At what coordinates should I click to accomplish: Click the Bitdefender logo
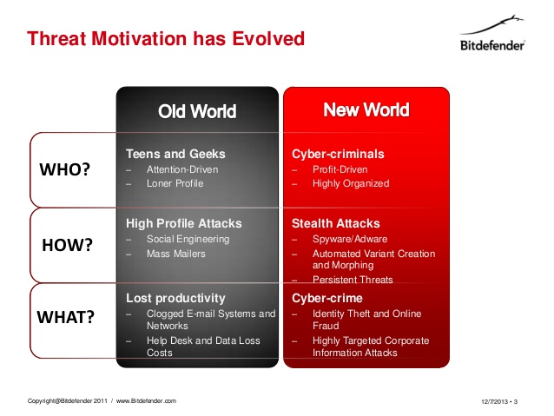(x=492, y=33)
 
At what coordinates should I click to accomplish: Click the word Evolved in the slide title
(x=268, y=38)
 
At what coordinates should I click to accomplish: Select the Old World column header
(x=197, y=111)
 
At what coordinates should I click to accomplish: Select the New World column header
(x=366, y=109)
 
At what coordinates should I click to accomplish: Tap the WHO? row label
(x=64, y=169)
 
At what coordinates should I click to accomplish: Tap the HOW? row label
(x=67, y=245)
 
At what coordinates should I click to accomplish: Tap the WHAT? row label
(x=65, y=317)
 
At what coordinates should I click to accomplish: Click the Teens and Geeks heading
(x=175, y=154)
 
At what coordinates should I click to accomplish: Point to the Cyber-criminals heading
(x=338, y=154)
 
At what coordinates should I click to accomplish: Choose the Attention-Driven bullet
(x=182, y=169)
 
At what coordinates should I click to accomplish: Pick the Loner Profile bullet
(x=175, y=183)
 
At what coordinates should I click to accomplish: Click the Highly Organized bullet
(x=351, y=183)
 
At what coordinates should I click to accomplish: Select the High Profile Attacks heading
(x=184, y=223)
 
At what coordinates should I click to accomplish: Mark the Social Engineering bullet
(x=188, y=240)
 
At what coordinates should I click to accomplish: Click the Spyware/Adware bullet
(x=350, y=240)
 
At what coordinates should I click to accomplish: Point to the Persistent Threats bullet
(x=353, y=280)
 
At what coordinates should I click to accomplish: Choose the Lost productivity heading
(x=175, y=298)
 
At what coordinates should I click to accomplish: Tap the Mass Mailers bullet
(x=176, y=254)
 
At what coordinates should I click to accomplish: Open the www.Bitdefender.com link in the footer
(x=146, y=401)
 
